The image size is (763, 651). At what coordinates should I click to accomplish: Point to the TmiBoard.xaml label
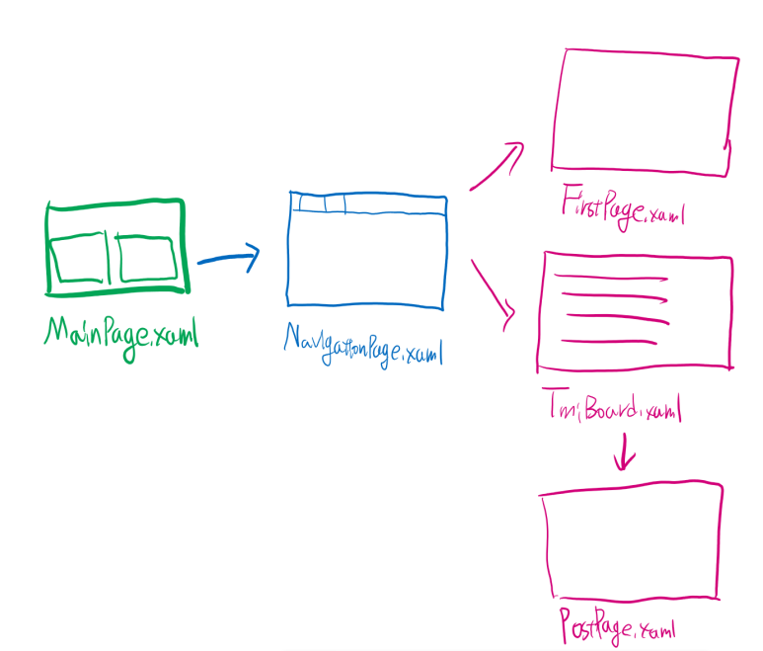coord(612,408)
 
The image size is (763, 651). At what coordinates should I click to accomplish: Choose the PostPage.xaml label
coord(621,626)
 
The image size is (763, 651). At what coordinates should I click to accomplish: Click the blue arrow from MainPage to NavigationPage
coord(228,259)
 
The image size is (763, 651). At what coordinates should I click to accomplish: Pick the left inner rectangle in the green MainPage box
coord(77,258)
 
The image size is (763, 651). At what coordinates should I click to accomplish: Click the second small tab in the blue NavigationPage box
coord(335,203)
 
